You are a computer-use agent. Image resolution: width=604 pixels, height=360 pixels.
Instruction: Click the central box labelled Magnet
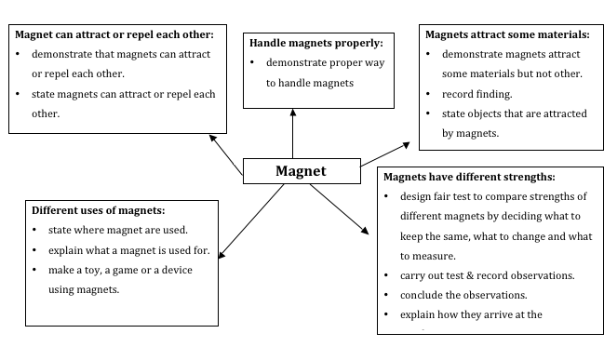(301, 171)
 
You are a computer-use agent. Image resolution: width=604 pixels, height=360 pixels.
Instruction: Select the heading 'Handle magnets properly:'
(316, 43)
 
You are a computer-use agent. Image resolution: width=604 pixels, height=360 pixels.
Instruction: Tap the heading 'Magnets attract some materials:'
(507, 35)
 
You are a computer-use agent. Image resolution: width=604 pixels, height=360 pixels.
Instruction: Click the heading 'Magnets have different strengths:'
(469, 177)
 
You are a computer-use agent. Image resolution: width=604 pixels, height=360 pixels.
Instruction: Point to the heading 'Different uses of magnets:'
(98, 210)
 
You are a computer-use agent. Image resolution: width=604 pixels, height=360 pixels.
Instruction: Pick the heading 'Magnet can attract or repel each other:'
(114, 34)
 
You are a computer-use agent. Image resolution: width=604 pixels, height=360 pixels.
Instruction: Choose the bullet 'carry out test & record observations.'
(488, 275)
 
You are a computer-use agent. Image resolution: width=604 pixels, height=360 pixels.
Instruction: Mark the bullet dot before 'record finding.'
(429, 95)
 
